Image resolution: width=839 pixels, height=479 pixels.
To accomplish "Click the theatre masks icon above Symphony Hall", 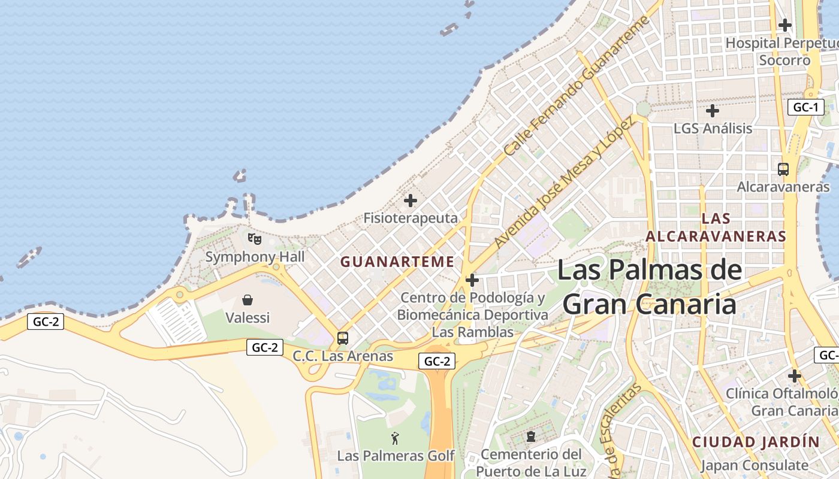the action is pos(255,239).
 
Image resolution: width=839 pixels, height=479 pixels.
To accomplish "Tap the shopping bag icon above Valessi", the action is pos(247,299).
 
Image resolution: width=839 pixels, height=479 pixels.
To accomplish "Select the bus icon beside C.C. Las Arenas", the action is pos(343,338).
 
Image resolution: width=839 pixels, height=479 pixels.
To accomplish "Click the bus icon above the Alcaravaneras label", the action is pos(783,169).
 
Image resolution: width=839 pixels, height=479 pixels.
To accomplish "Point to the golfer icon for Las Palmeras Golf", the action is pos(395,438).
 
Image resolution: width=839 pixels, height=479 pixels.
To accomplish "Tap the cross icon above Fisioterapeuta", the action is pos(411,201).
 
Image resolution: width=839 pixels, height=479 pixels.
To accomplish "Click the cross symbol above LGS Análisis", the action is pos(712,111).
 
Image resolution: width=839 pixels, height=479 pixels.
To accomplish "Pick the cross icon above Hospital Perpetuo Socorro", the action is pos(784,25).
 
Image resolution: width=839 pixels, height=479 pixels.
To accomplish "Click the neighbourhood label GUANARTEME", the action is pos(397,262).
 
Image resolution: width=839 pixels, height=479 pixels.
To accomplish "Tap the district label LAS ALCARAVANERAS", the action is pos(716,227).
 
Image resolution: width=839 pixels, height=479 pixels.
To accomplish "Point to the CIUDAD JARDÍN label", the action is pos(756,442).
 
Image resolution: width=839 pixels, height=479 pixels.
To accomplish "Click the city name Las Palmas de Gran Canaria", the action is pos(650,287).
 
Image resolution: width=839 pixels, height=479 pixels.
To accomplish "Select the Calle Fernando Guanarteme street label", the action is pos(577,87).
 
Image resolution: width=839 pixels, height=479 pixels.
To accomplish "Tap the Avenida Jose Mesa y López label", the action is pos(563,183).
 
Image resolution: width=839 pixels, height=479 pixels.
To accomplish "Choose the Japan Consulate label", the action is pos(754,465).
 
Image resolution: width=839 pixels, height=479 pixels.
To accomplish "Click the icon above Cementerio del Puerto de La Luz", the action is pos(530,436).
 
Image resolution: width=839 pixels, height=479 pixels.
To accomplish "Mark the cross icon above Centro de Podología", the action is pos(472,280).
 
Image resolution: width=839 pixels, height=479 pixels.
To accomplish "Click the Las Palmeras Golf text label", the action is pos(396,456).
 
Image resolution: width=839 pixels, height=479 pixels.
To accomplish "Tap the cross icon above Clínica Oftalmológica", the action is pos(794,376).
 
